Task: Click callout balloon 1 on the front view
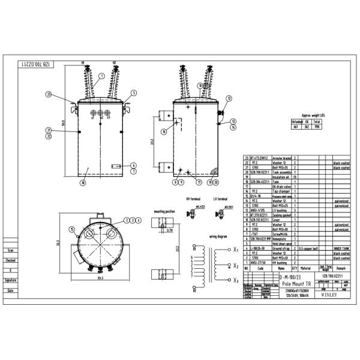(101, 76)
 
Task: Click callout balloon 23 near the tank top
(48, 94)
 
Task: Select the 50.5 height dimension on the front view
(62, 123)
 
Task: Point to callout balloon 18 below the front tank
(83, 185)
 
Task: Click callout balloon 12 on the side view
(229, 98)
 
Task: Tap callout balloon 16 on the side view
(164, 131)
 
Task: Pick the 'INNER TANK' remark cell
(341, 248)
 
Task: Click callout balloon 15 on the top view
(71, 229)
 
